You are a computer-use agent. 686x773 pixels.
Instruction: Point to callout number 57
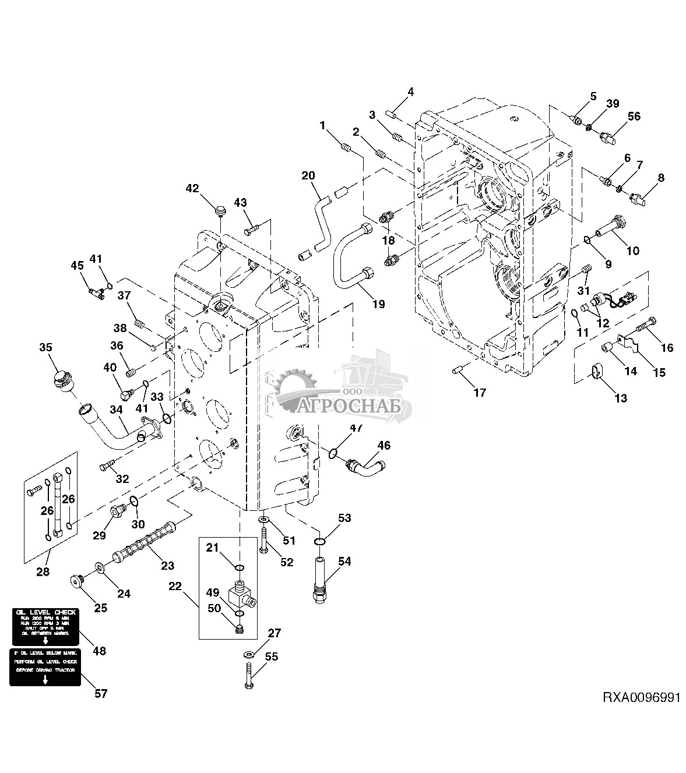[x=101, y=694]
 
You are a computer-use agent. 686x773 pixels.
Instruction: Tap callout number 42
[x=192, y=188]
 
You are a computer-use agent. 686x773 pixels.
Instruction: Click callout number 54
[x=344, y=561]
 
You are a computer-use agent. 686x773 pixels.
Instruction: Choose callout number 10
[x=632, y=250]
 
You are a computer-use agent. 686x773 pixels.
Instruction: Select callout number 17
[x=479, y=393]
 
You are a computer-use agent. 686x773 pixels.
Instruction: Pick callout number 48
[x=100, y=651]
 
